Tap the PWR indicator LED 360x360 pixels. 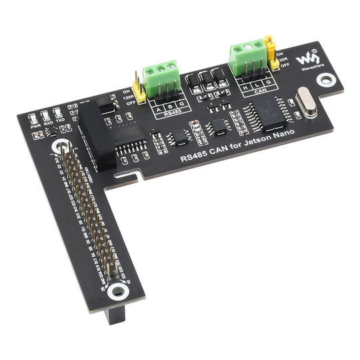click(x=34, y=115)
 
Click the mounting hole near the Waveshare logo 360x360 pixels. click(x=325, y=80)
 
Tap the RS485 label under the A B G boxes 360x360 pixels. click(x=171, y=115)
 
